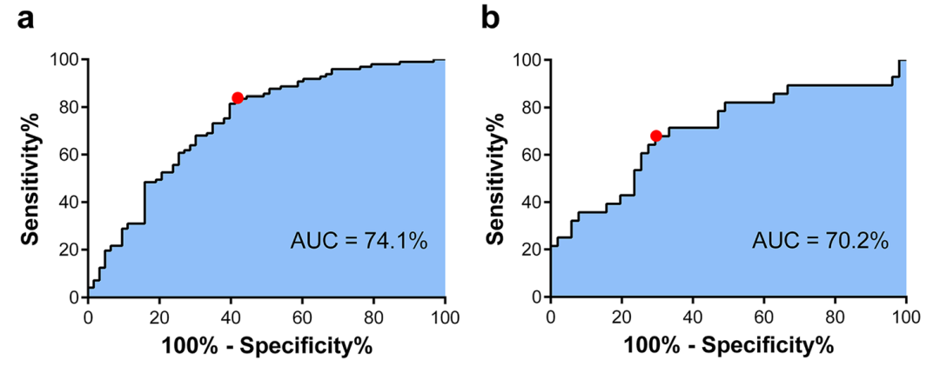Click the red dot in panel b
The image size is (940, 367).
656,136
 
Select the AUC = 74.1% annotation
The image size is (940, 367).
359,241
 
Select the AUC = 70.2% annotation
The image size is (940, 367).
820,241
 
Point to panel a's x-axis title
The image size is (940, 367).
266,345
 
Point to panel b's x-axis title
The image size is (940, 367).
728,345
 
